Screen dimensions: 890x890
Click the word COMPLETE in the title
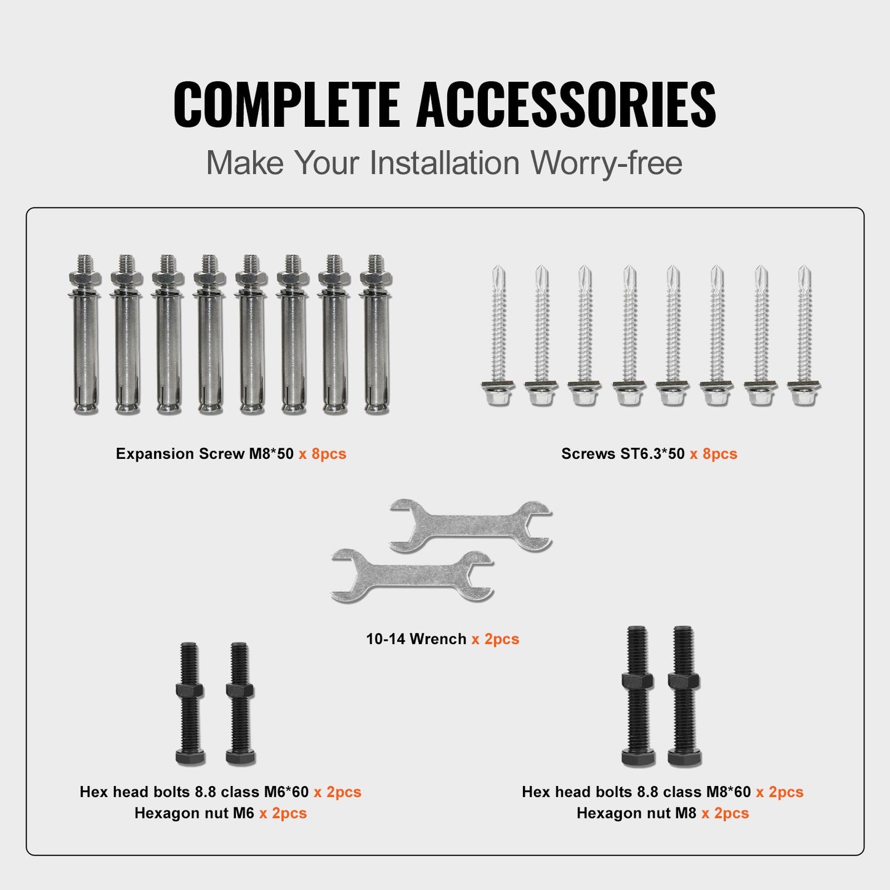286,104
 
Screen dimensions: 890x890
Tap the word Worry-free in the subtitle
606,163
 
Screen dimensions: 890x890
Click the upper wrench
471,525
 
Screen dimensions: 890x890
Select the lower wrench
412,576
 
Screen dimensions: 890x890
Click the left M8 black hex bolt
637,696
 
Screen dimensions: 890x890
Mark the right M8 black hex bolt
684,696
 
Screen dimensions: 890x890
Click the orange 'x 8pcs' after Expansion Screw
323,454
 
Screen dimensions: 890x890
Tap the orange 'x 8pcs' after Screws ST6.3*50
713,454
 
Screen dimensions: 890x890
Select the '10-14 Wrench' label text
416,639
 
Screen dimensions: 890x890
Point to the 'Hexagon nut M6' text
194,814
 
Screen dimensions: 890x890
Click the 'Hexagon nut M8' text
636,814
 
